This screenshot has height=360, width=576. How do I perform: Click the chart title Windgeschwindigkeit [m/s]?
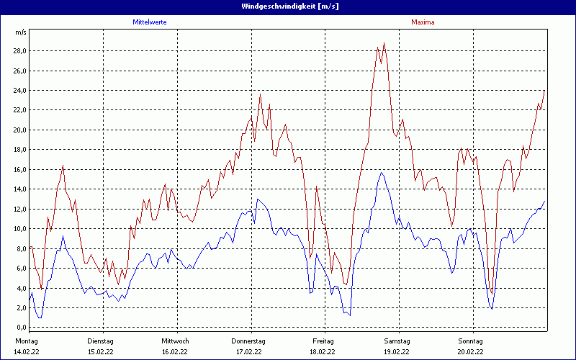pyautogui.click(x=288, y=6)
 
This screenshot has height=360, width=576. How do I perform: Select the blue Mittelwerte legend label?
pyautogui.click(x=150, y=22)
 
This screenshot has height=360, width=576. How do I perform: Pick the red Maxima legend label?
pyautogui.click(x=423, y=22)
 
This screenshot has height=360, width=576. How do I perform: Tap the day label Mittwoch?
pyautogui.click(x=175, y=341)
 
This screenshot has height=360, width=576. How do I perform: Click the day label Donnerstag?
pyautogui.click(x=248, y=341)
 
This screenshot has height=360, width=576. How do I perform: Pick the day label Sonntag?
pyautogui.click(x=470, y=341)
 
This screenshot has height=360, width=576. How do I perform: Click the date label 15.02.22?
pyautogui.click(x=101, y=352)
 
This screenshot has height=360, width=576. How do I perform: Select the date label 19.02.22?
pyautogui.click(x=397, y=352)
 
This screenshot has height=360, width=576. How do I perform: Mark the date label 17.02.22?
pyautogui.click(x=248, y=352)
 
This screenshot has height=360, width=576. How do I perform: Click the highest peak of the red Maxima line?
pyautogui.click(x=384, y=43)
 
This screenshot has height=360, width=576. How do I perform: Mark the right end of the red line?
pyautogui.click(x=545, y=90)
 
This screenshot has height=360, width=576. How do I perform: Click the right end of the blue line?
pyautogui.click(x=545, y=201)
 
